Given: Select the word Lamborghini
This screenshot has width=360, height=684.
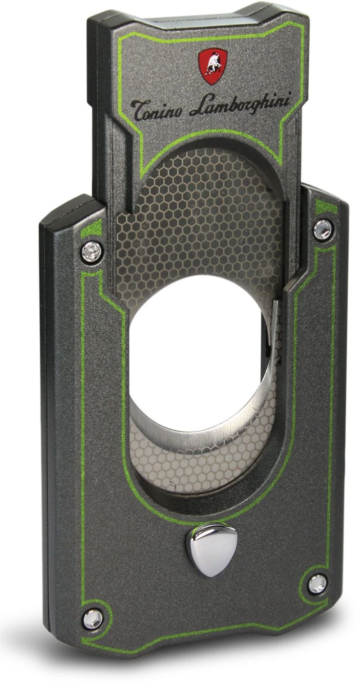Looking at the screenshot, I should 240,104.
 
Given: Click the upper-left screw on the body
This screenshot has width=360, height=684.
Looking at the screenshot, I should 91,252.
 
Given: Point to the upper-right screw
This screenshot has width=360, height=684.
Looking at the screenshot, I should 322,229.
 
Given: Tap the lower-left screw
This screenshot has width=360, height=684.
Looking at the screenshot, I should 93,619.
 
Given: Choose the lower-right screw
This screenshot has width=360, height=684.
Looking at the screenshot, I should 318,583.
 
